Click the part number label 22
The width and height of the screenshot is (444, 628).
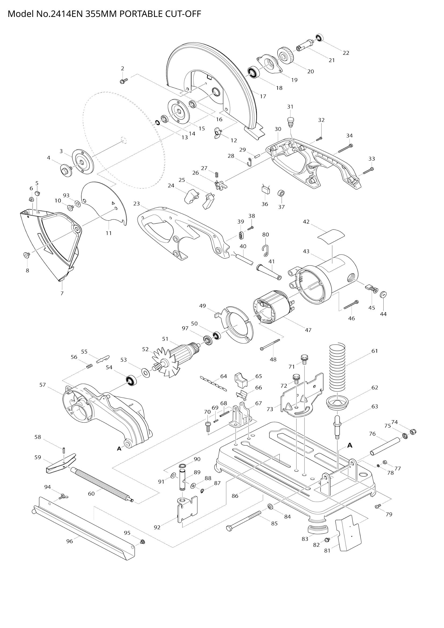346,53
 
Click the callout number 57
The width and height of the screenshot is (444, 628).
42,385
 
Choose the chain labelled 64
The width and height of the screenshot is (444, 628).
213,383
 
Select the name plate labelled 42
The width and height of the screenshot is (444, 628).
331,235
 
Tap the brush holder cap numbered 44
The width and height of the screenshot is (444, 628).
384,295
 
